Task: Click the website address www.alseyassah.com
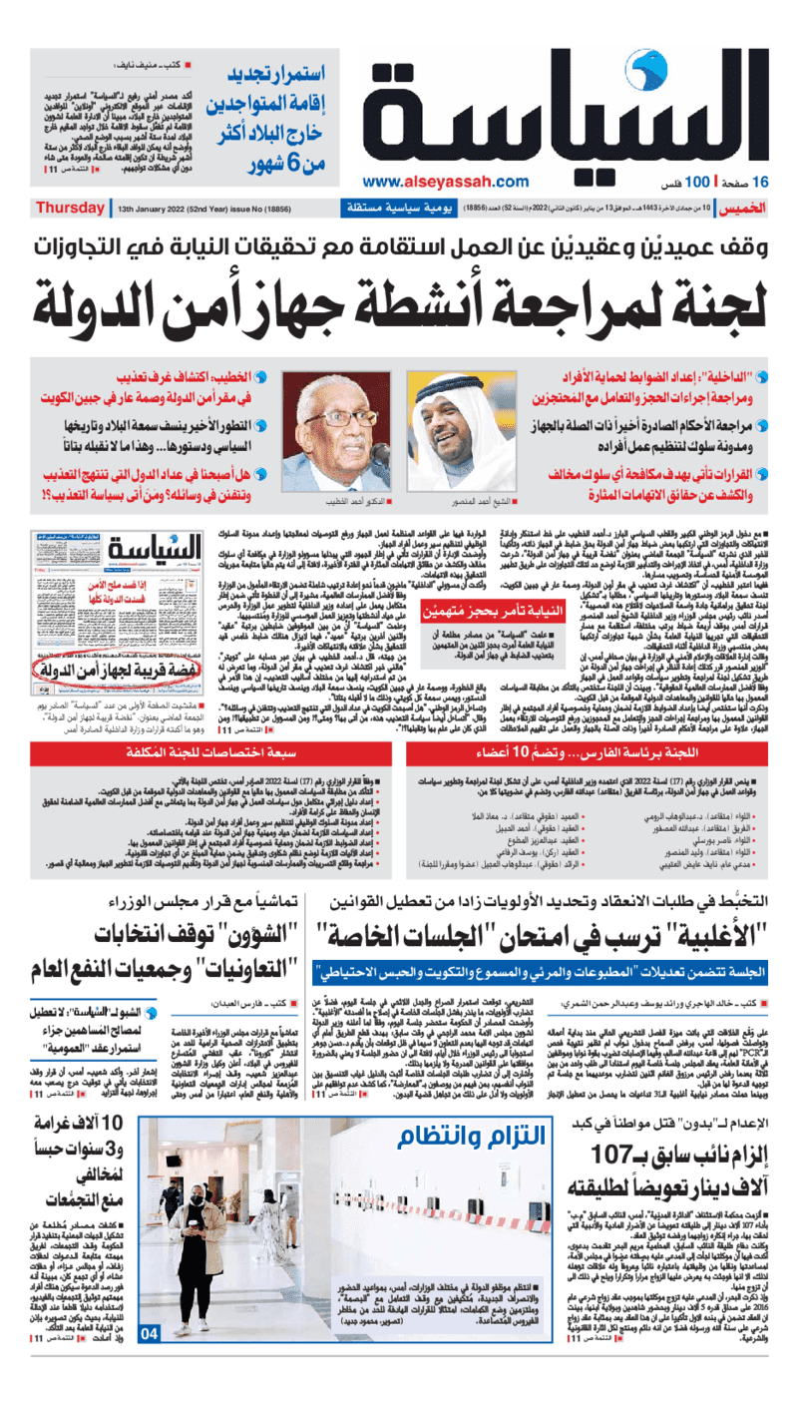point(445,182)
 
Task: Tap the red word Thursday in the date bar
point(69,209)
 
